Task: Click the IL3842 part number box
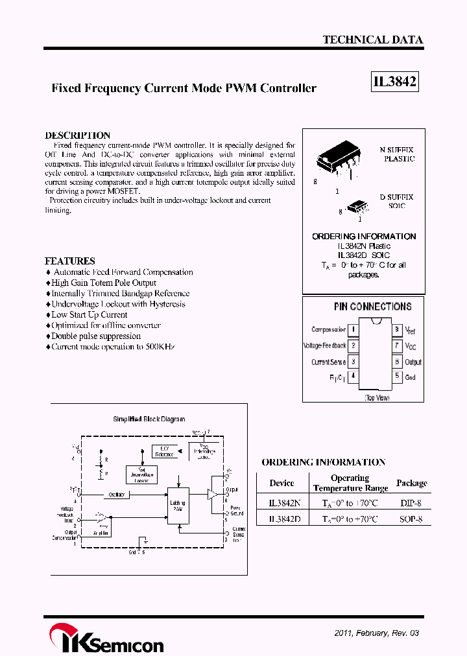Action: [x=394, y=82]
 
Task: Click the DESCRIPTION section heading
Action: [x=77, y=135]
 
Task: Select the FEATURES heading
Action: [x=69, y=261]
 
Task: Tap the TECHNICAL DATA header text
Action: [x=372, y=40]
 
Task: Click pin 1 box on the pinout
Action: [x=353, y=330]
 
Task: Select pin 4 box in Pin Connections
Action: [x=353, y=376]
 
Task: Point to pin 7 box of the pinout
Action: [x=396, y=346]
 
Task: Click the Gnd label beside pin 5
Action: [x=411, y=377]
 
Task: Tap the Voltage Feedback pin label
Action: [x=324, y=346]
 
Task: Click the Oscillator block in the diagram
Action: [x=117, y=495]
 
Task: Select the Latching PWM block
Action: [x=178, y=506]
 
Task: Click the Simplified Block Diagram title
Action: [x=149, y=419]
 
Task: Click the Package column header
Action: [x=411, y=483]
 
